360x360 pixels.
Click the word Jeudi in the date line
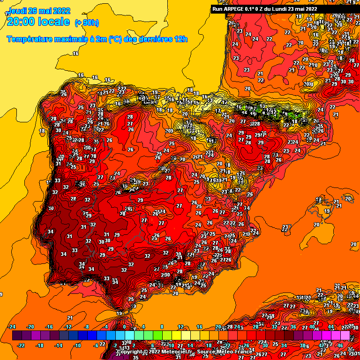17,10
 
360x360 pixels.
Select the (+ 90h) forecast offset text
87,22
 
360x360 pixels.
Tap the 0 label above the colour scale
124,327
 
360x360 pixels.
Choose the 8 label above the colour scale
162,327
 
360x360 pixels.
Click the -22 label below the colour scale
21,345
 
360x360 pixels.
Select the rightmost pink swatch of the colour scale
345,336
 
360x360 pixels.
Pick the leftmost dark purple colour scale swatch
17,336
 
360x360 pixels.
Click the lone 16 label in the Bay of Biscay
75,53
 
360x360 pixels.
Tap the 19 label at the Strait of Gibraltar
119,313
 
